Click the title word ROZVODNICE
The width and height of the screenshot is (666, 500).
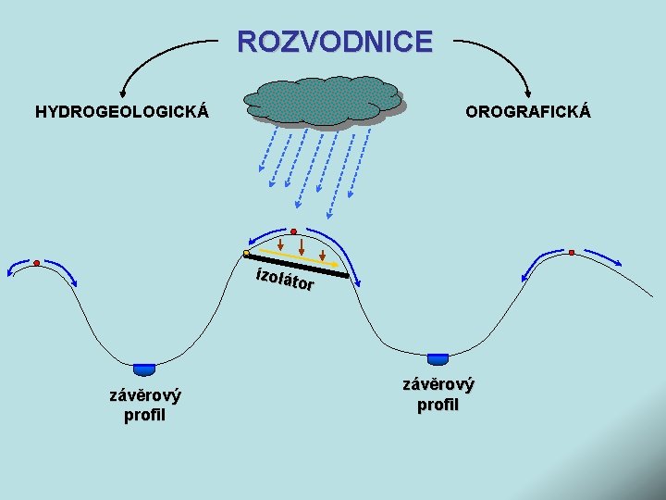point(334,42)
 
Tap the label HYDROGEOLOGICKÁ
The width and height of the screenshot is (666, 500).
point(121,113)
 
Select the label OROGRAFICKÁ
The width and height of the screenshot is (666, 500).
point(528,113)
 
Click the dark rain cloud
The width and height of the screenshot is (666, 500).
point(324,100)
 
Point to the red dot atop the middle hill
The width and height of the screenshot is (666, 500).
point(293,231)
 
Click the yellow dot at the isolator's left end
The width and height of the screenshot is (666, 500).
point(246,253)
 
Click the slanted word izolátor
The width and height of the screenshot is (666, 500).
point(286,279)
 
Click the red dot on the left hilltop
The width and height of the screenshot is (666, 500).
point(37,263)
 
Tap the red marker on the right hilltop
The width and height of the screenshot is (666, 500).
point(572,253)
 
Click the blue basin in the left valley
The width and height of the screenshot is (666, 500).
point(144,369)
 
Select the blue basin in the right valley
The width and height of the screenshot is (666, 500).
point(438,357)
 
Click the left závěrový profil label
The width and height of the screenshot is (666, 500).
point(145,405)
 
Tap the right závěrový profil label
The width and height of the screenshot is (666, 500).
point(438,394)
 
